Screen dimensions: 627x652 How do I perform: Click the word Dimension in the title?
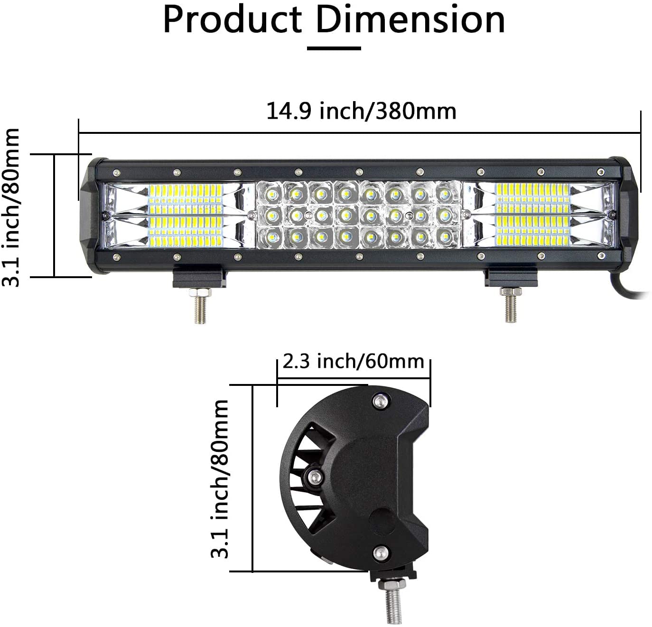(410, 20)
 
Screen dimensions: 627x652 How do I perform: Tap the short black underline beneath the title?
(334, 48)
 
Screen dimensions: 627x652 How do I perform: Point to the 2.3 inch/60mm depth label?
(353, 362)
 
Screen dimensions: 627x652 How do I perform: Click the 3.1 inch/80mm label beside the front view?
(11, 207)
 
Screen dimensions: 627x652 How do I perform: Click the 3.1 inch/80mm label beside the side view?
(220, 478)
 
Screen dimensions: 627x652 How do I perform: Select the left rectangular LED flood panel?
(186, 215)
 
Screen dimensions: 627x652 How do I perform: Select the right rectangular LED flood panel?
(532, 215)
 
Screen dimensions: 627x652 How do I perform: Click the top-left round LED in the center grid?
(272, 193)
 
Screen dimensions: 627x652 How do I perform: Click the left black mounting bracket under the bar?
(199, 278)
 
